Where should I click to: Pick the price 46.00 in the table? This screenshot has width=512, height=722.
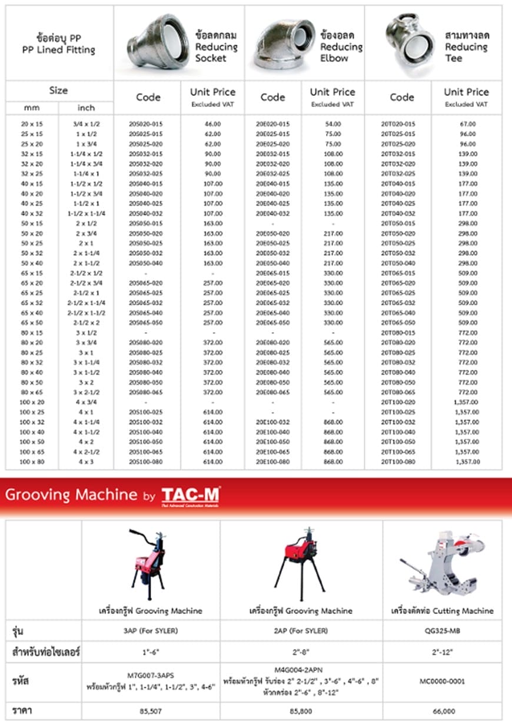click(x=212, y=124)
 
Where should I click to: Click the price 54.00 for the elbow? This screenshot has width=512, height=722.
click(x=333, y=124)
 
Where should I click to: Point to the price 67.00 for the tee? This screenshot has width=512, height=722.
click(x=468, y=124)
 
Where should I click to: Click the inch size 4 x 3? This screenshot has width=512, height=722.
click(x=86, y=462)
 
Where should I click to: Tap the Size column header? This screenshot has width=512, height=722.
click(x=58, y=91)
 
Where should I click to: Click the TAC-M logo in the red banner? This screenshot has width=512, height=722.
click(x=191, y=494)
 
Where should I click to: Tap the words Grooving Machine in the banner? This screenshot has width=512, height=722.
click(x=71, y=494)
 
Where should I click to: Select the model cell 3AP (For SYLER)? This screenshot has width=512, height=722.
click(x=151, y=630)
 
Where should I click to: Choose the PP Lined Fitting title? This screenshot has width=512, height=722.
click(x=58, y=45)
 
